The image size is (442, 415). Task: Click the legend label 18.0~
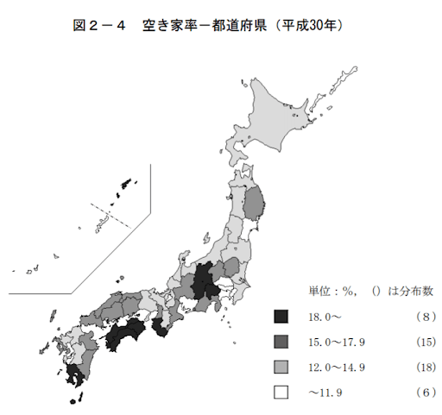pyautogui.click(x=324, y=317)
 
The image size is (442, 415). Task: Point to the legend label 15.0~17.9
pyautogui.click(x=336, y=342)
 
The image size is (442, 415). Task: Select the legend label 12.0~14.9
pyautogui.click(x=336, y=367)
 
